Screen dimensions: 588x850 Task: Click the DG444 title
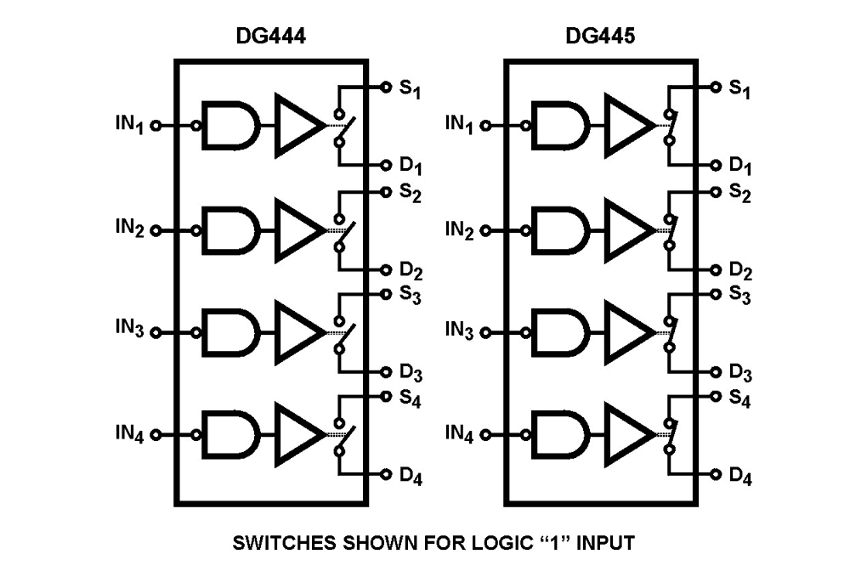271,37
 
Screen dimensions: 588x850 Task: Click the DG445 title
601,37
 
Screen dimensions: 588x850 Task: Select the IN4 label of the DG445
460,434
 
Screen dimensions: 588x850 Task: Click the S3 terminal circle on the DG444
384,294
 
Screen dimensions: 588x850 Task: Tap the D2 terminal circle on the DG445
714,270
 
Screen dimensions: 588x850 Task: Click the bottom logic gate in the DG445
559,434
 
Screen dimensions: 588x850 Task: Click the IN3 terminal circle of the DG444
156,331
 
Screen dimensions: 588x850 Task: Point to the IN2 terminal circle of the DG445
485,229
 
